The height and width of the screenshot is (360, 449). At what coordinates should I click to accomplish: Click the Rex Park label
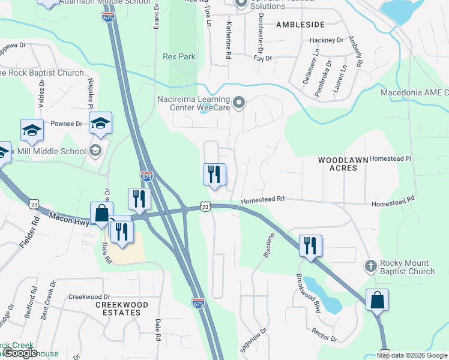pos(179,57)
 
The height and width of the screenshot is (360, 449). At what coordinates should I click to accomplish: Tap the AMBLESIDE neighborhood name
pos(300,25)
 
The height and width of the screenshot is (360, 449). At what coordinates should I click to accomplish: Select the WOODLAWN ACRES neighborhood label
pos(346,164)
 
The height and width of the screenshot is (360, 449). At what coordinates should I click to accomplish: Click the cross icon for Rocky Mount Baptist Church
pos(371,265)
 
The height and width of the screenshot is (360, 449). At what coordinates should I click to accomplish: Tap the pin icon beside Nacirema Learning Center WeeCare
pos(240,104)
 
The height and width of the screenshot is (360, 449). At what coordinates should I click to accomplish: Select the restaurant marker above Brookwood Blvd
pos(310,246)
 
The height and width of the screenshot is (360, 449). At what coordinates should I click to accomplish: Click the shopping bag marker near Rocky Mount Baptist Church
pos(377,300)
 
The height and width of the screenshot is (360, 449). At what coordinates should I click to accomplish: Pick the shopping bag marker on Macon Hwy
pos(101,213)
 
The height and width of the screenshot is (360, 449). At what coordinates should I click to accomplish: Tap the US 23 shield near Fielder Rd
pos(31,205)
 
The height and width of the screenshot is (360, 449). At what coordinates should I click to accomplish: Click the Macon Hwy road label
pos(69,218)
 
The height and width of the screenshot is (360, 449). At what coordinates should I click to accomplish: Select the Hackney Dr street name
pos(326,40)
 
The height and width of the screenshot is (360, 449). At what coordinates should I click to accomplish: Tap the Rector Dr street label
pos(324,335)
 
